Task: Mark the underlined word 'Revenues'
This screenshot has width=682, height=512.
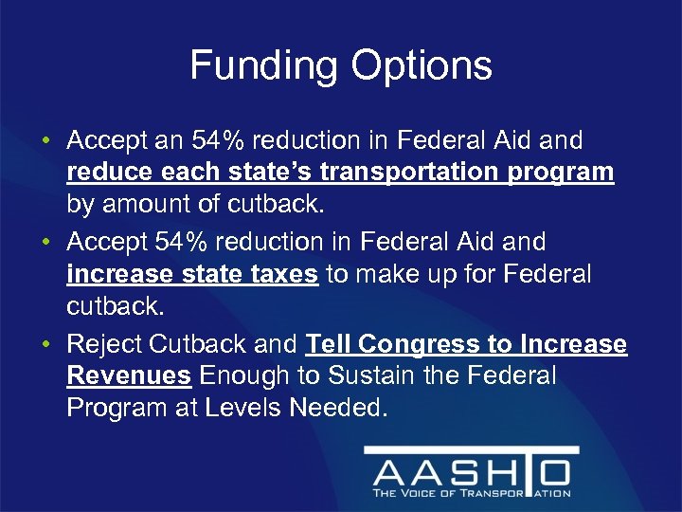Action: coord(129,376)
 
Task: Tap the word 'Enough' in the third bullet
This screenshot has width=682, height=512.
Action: coord(233,376)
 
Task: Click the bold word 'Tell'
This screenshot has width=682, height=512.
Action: coord(329,344)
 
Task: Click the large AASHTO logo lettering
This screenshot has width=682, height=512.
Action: coord(472,471)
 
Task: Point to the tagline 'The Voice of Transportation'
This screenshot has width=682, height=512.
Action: coord(472,493)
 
